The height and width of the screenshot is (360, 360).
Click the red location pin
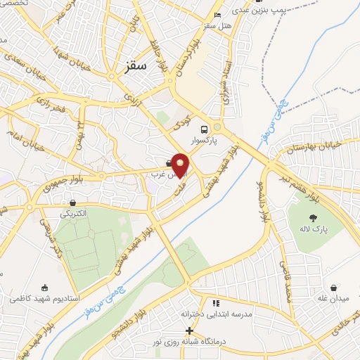click(180, 165)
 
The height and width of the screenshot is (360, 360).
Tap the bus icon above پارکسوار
click(204, 129)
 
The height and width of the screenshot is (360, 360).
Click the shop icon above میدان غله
click(333, 288)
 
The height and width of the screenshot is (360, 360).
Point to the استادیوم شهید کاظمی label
click(45, 299)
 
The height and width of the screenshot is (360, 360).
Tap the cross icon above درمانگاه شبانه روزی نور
click(188, 330)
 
